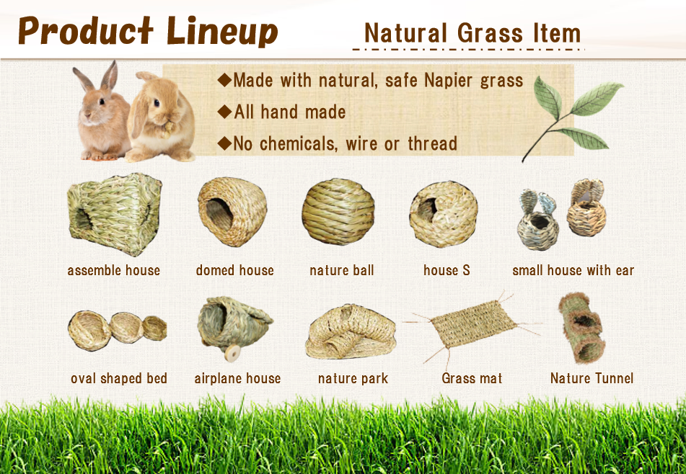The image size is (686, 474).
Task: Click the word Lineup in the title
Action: coord(221,32)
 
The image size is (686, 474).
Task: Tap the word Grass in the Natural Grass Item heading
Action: coord(490,34)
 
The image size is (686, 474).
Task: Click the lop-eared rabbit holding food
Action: coord(160,117)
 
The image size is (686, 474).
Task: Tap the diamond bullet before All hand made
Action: coord(224,112)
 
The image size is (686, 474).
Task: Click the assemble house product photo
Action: coord(115,214)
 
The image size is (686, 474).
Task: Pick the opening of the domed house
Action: coord(219,214)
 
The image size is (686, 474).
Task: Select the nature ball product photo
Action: coord(338,212)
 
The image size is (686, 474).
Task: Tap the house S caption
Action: coord(447,270)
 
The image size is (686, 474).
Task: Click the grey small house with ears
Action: coord(537,220)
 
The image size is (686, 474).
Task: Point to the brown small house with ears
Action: coord(586,208)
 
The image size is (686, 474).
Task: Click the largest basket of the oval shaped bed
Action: coord(89,331)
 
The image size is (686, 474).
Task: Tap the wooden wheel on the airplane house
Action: coord(233,353)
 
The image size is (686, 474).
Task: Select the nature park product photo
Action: coord(351,331)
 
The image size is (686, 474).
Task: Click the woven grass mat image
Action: coord(472,324)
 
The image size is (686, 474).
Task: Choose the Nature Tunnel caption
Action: coord(592,378)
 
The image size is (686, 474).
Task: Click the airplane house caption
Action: coord(237,378)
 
